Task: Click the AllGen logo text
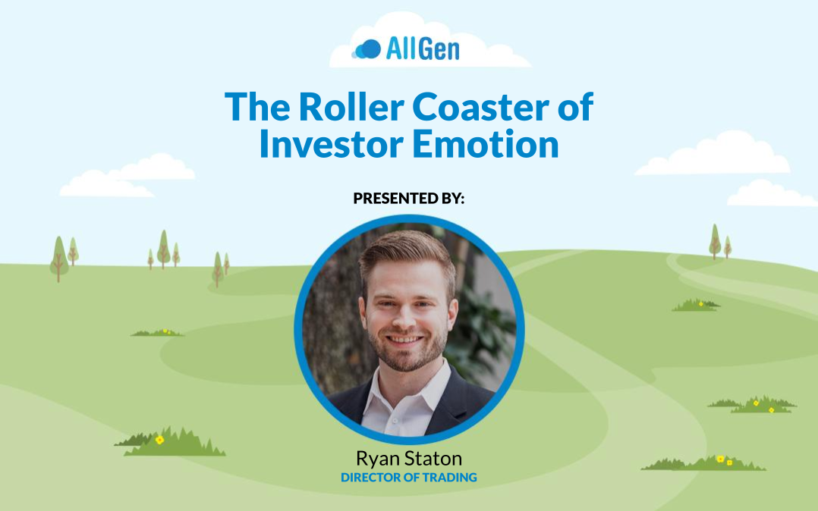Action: point(423,49)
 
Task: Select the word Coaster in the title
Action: point(480,107)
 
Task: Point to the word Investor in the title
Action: point(332,144)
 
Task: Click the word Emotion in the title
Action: point(486,144)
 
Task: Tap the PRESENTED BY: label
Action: point(409,198)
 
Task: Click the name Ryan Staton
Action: point(409,459)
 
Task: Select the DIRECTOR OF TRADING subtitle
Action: point(409,477)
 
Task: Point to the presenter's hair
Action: point(407,255)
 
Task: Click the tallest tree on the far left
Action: point(59,259)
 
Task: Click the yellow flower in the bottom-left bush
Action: point(159,440)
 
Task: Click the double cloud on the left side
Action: point(127,175)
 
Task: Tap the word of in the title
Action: point(575,107)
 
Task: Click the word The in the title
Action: point(258,107)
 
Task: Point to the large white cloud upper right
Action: point(713,153)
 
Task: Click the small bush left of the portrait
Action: point(158,332)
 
